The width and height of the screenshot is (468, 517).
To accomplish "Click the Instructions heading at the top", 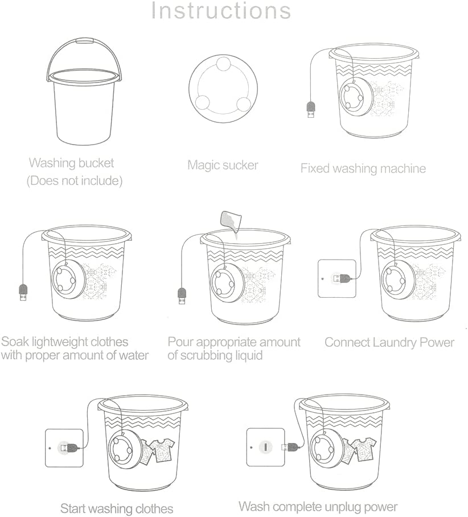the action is tap(221, 11).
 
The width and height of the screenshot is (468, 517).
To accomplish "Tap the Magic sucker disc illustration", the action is tap(223, 89).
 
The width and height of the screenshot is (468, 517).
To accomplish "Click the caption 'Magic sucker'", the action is tap(223, 165).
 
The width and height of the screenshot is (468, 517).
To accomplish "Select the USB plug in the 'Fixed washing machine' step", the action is tap(311, 109).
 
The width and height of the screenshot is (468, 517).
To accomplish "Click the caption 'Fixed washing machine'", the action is tap(363, 169).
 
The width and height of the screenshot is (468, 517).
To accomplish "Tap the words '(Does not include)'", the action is tap(75, 180).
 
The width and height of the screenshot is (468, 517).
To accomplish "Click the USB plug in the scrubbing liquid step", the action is tap(182, 296).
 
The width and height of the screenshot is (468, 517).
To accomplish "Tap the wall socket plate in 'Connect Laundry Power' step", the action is tap(337, 278).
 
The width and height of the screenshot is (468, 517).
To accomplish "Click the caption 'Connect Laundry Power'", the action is tap(389, 343).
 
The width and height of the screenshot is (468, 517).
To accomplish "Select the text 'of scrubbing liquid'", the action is tap(215, 356).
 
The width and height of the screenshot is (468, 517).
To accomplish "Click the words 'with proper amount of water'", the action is tap(75, 355).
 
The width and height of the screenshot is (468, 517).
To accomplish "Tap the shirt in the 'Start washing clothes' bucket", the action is tap(157, 451).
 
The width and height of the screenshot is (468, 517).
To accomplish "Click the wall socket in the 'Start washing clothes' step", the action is tap(64, 448).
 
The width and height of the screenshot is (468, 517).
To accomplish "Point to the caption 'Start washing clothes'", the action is tap(117, 508).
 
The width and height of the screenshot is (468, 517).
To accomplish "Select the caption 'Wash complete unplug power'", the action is tap(318, 506).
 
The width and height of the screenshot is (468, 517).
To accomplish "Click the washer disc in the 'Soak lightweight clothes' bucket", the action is tap(68, 280).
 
